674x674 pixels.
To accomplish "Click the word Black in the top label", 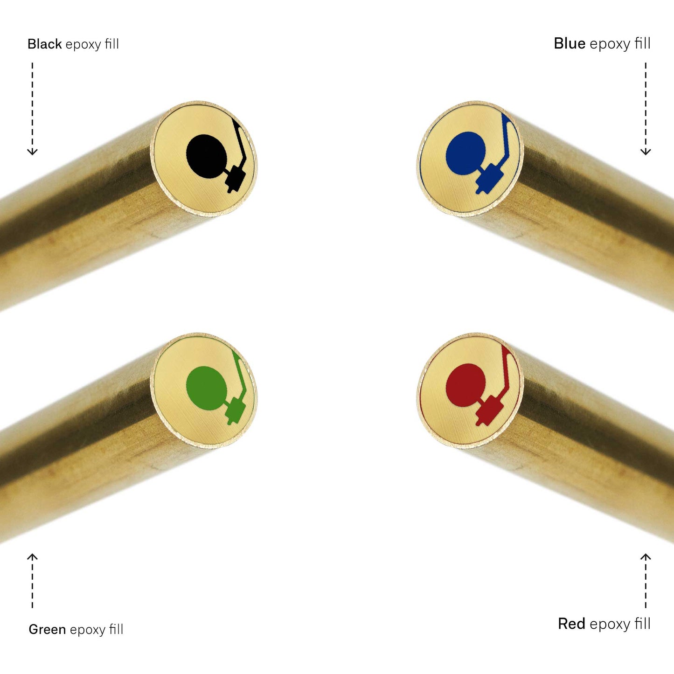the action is [x=45, y=44].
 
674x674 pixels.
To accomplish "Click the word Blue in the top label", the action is [x=570, y=43].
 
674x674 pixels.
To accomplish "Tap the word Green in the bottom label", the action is [x=47, y=629].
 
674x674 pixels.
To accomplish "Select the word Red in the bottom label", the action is [x=571, y=624].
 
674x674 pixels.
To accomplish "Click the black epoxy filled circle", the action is [x=206, y=156].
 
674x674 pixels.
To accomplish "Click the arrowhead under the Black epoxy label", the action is [x=33, y=152].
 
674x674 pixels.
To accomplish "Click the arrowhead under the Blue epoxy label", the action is [x=646, y=152].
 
